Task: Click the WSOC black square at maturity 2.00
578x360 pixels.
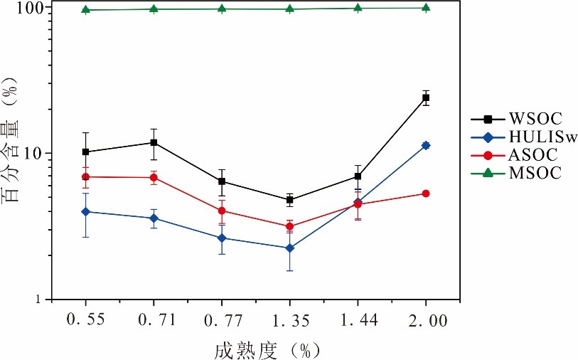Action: tap(426, 97)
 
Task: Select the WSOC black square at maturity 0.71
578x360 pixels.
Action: tap(154, 142)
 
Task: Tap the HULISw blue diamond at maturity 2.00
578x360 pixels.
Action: tap(426, 145)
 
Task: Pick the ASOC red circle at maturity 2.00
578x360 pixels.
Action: tap(426, 194)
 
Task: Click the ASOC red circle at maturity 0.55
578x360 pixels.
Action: tap(86, 176)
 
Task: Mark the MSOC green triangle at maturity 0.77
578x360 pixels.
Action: tap(222, 9)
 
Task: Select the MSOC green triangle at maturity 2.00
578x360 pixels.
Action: tap(426, 7)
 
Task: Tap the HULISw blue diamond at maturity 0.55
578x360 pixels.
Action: tap(86, 211)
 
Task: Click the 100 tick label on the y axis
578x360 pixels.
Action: tap(28, 8)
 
